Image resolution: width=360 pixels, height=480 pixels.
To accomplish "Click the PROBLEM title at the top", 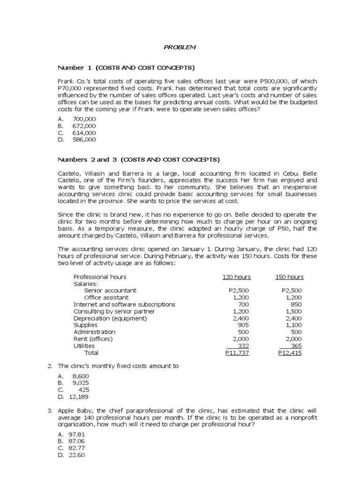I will point(180,47).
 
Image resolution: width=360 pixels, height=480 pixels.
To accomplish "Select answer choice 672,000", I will point(84,126).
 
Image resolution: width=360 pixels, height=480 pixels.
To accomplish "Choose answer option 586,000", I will point(84,139).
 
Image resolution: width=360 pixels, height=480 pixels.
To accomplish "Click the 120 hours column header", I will point(236,277).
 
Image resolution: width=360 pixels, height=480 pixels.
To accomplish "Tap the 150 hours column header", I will point(289,277).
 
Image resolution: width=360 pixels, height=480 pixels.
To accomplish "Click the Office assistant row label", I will point(106,297).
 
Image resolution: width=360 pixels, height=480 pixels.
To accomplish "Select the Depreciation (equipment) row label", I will point(110,318).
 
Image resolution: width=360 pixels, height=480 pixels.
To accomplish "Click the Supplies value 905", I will point(243,325).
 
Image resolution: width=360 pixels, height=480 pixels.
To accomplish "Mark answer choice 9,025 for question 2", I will point(80,383).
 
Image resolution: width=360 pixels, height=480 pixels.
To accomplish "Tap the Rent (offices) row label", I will point(93,339).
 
